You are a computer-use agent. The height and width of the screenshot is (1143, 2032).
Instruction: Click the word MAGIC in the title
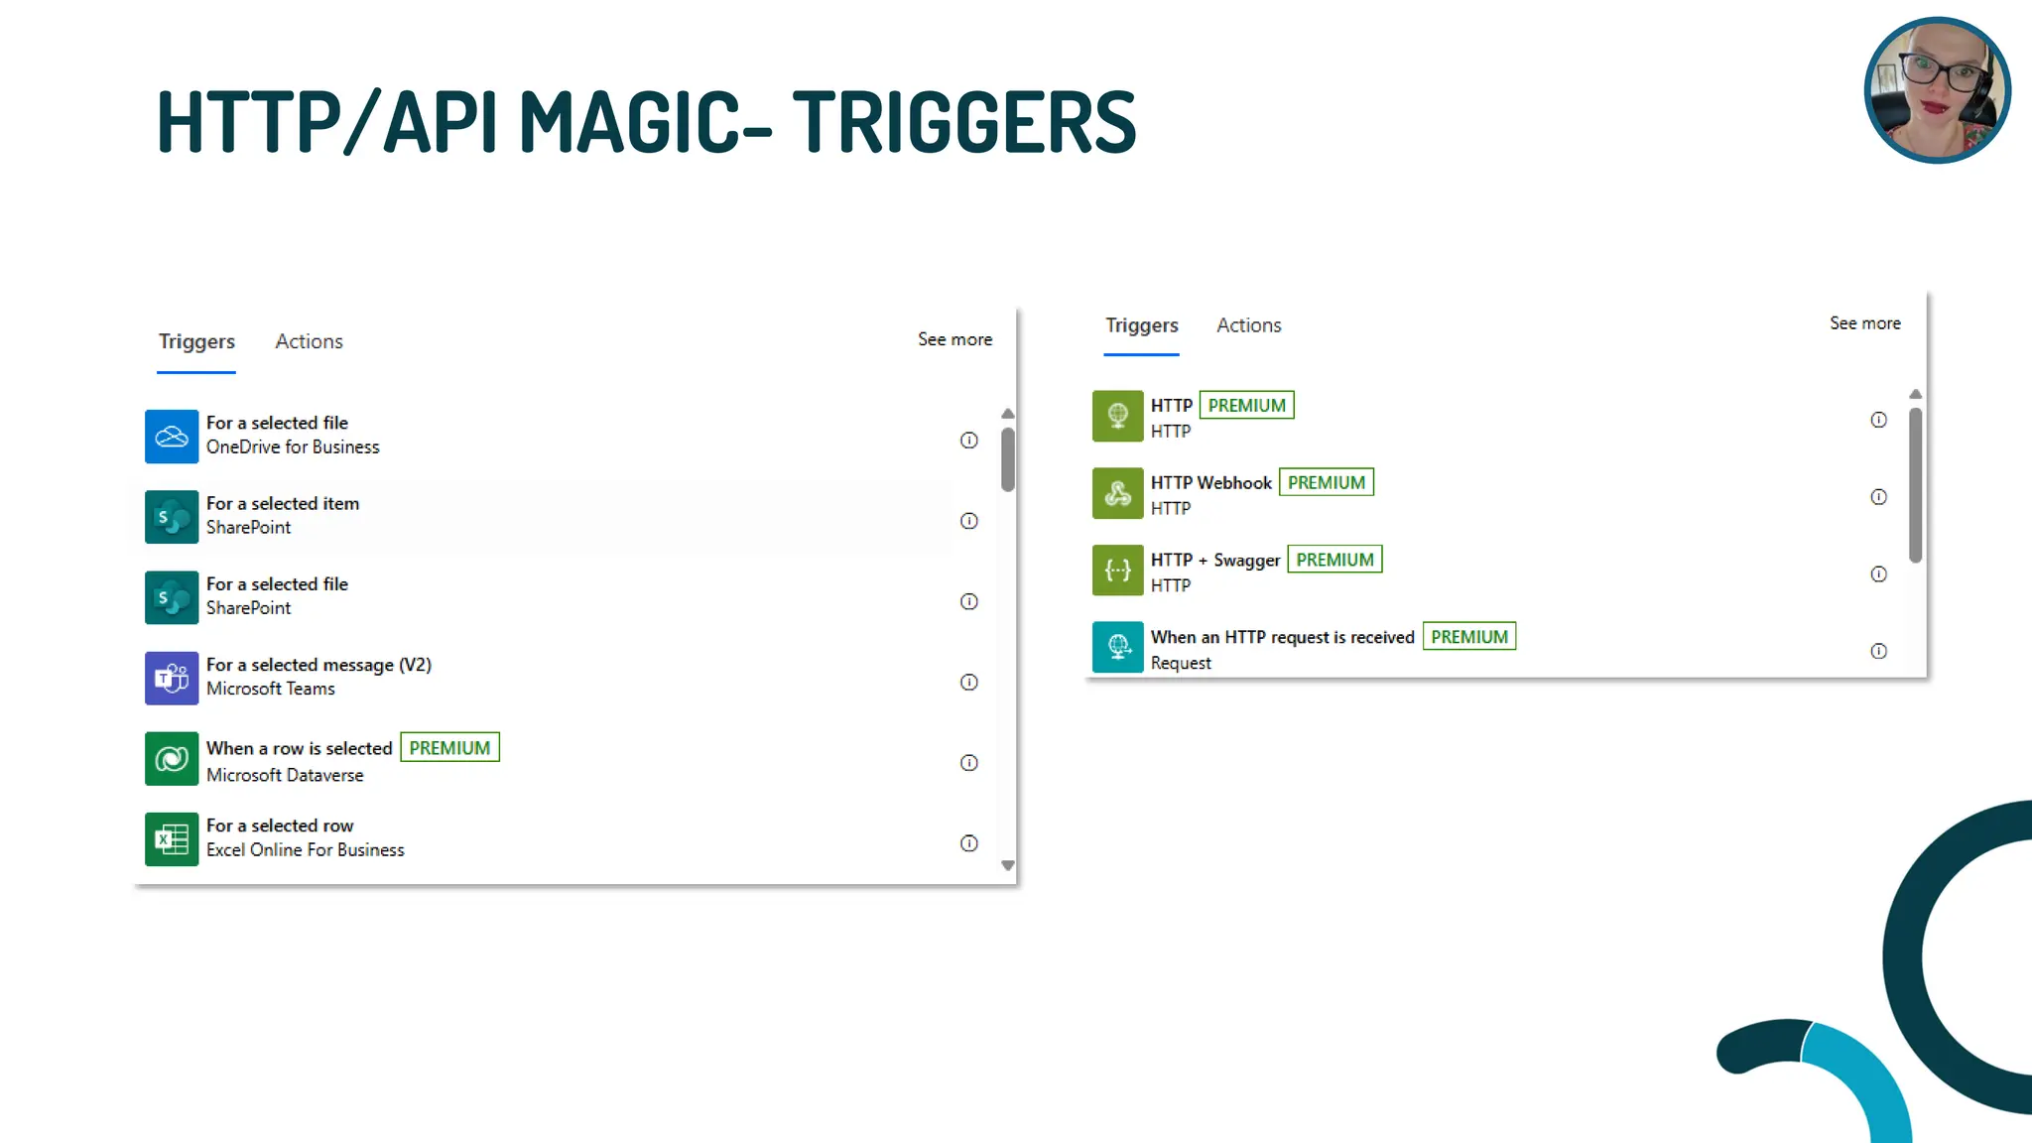coord(630,122)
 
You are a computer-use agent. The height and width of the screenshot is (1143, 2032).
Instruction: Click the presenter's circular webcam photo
coord(1937,90)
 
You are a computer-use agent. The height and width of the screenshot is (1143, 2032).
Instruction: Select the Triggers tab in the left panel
coord(196,341)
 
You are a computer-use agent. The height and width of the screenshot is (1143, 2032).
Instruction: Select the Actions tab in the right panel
coord(1248,325)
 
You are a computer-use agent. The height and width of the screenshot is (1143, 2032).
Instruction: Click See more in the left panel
coord(954,339)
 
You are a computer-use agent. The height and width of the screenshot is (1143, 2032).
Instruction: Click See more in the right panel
coord(1864,323)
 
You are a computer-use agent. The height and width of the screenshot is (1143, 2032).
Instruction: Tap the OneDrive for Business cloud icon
coord(172,437)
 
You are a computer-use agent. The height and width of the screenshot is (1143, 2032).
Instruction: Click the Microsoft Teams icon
coord(172,679)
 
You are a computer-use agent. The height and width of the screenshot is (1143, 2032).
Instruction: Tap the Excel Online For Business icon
coord(172,839)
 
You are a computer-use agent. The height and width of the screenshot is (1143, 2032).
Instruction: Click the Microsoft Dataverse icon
coord(172,759)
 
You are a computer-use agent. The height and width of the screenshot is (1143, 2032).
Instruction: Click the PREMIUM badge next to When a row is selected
coord(449,748)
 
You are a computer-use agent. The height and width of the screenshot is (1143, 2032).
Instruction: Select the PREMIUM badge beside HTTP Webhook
coord(1326,483)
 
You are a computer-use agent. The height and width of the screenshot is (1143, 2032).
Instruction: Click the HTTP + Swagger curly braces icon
coord(1118,571)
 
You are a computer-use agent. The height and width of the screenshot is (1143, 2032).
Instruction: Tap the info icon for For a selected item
coord(969,521)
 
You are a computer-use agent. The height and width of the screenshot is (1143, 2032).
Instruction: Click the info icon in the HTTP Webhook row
coord(1878,497)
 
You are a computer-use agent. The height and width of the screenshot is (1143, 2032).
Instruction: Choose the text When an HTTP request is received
coord(1282,637)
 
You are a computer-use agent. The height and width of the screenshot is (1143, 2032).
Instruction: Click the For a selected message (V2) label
coord(318,665)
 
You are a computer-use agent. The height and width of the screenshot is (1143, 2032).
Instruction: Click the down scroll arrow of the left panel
coord(1008,865)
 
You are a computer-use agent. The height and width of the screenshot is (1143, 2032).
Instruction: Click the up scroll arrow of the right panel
coord(1915,395)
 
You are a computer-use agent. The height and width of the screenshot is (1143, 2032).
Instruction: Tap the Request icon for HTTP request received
coord(1118,647)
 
